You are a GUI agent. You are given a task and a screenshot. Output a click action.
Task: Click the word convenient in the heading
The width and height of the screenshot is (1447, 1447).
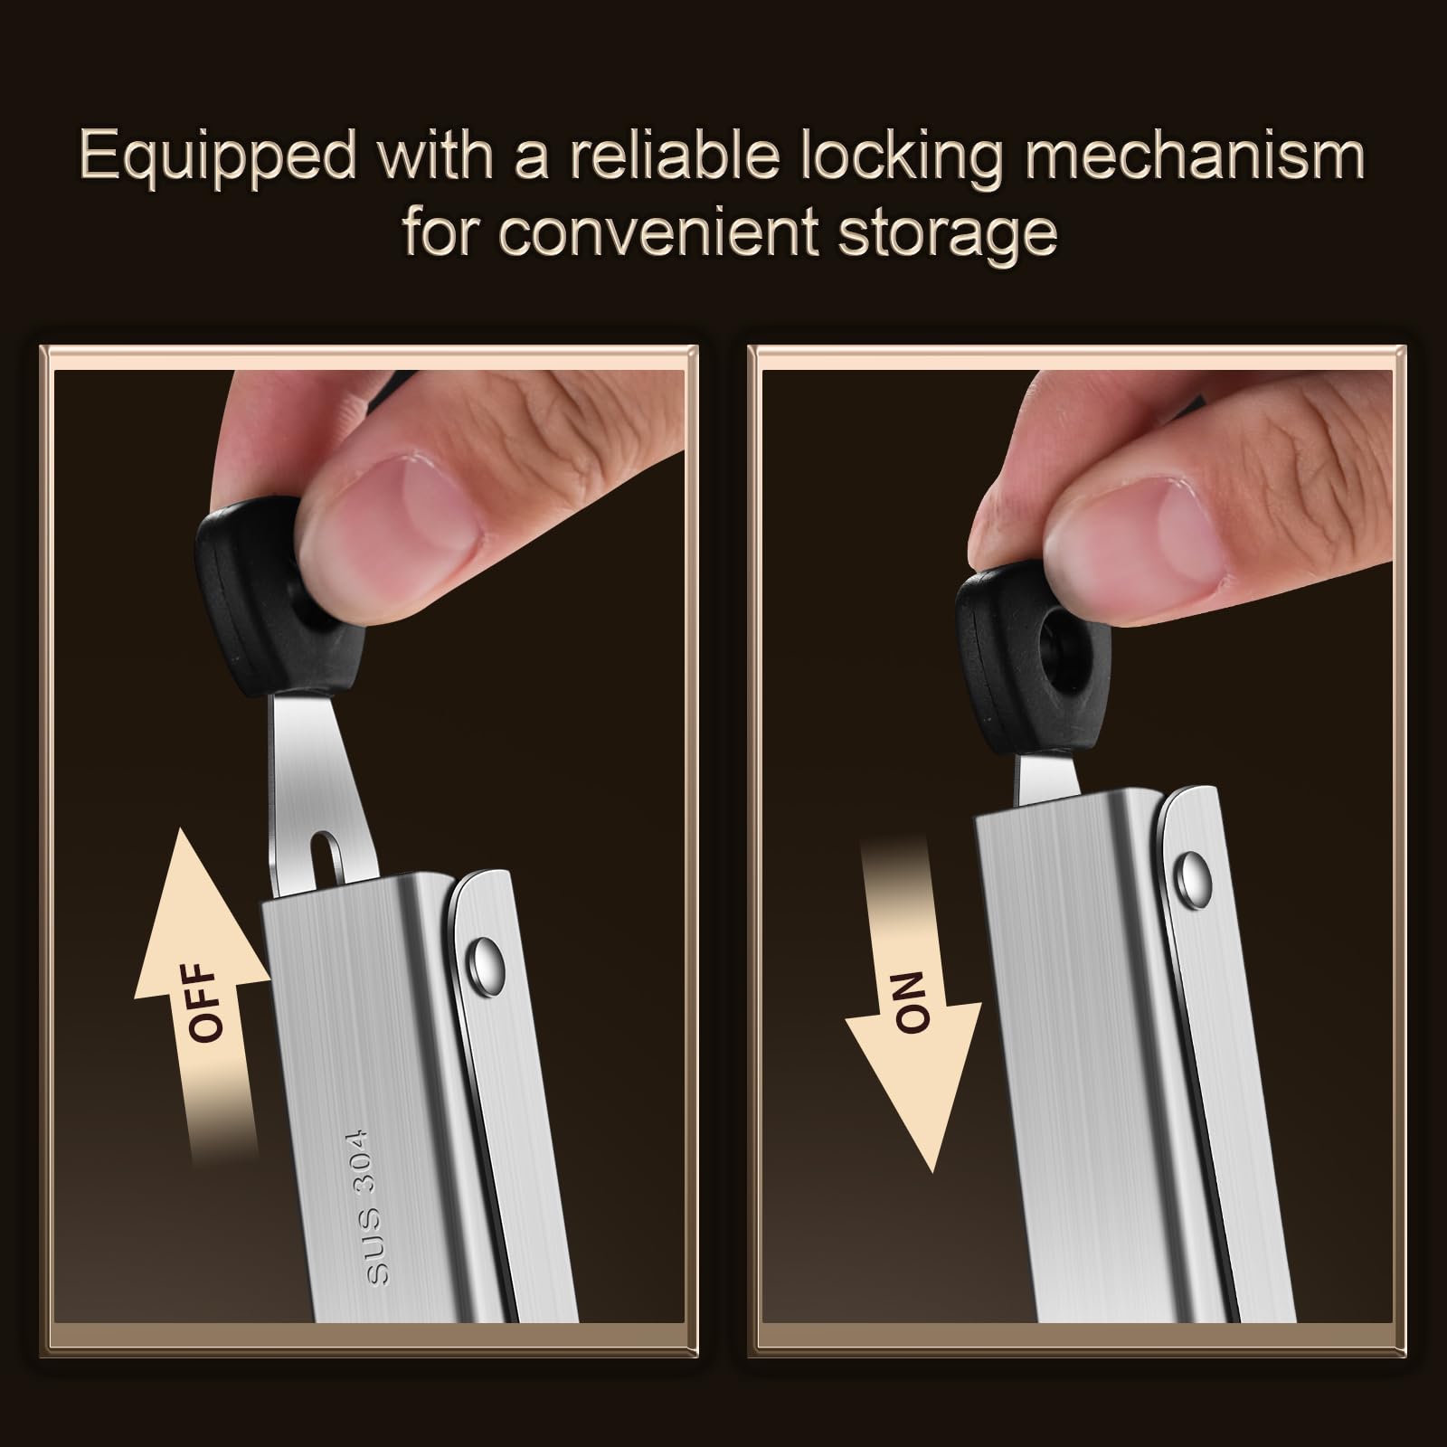(662, 232)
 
